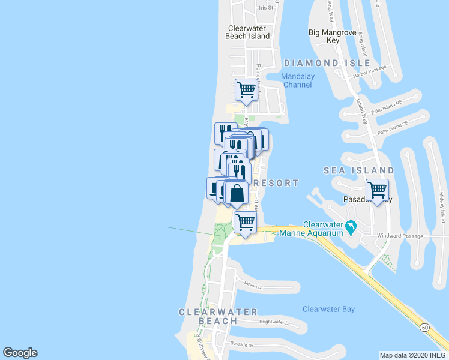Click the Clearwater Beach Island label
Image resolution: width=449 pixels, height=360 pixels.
click(249, 32)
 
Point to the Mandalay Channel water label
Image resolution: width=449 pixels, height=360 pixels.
click(297, 80)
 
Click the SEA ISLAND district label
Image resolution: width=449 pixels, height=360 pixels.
click(359, 171)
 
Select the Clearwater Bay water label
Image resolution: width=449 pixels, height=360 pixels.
click(328, 310)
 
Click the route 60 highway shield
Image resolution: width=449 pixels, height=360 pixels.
click(425, 327)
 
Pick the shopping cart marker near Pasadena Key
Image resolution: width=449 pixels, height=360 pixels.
click(377, 190)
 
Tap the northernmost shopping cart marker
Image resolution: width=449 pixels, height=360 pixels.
click(246, 89)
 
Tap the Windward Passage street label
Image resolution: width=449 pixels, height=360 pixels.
click(400, 236)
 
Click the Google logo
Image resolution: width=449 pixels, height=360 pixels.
click(20, 353)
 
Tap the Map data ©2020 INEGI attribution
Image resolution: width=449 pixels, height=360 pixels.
click(413, 355)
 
